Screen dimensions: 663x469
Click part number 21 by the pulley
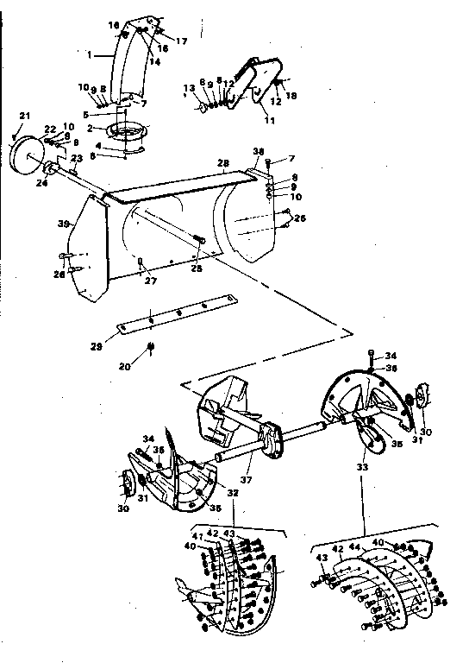point(24,117)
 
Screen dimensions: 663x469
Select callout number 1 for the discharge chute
point(89,54)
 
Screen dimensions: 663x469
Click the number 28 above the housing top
point(222,163)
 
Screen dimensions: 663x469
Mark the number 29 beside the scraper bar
point(97,346)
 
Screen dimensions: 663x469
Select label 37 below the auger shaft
point(247,480)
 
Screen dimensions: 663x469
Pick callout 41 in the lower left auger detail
point(197,538)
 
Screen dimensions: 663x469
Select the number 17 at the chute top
point(182,41)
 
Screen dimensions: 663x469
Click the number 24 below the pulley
point(41,182)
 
